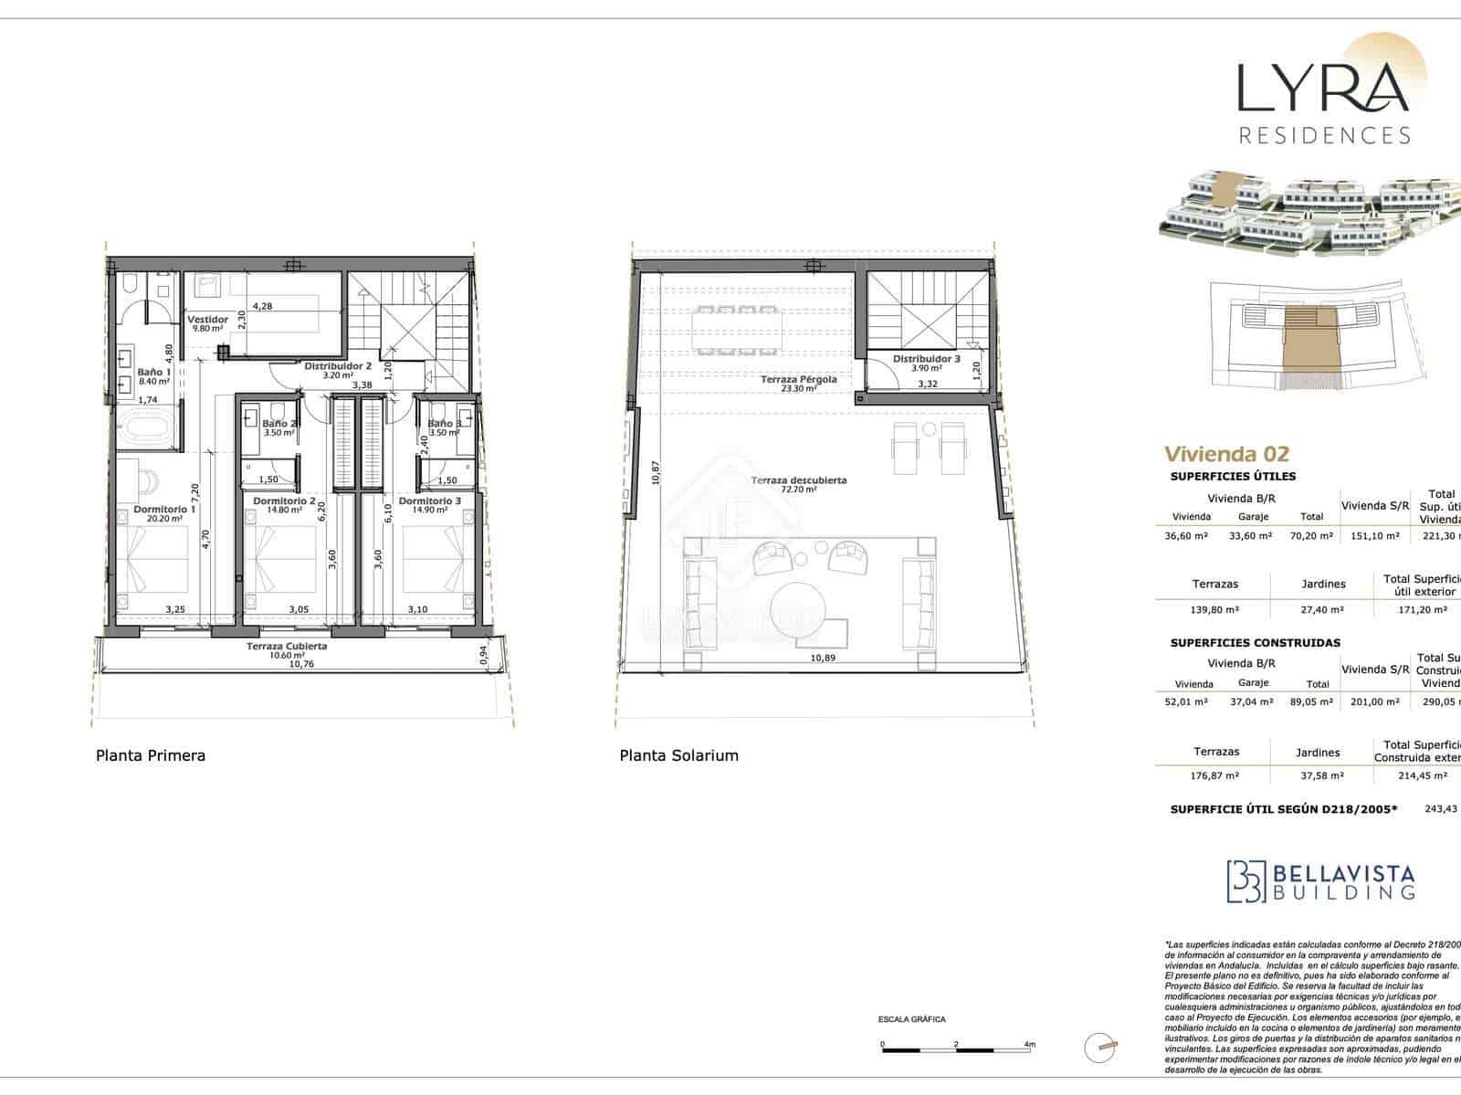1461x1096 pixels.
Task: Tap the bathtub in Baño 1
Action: [x=146, y=427]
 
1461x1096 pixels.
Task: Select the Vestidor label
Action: [x=207, y=320]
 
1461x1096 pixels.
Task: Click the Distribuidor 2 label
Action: [x=337, y=365]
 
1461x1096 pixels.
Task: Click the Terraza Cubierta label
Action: [x=287, y=646]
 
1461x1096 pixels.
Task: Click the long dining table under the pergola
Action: [x=738, y=330]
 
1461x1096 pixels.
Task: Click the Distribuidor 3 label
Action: [x=926, y=359]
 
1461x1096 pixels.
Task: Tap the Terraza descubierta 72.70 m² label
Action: [x=798, y=484]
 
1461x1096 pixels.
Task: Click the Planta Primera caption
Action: [x=151, y=755]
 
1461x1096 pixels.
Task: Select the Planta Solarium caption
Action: [x=678, y=755]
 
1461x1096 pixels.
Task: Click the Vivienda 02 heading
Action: [x=1226, y=454]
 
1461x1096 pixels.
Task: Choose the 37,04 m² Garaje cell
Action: [x=1253, y=701]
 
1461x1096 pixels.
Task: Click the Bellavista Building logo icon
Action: [x=1246, y=880]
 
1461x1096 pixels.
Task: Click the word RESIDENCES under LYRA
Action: [x=1324, y=135]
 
